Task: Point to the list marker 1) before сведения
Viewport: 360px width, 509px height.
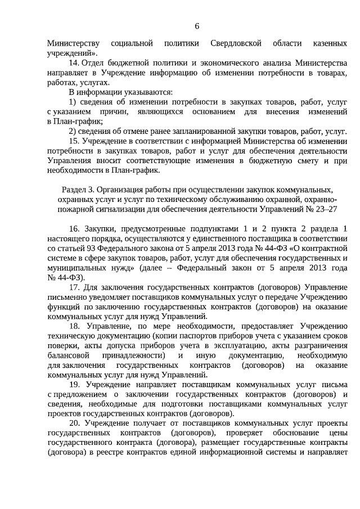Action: (73, 102)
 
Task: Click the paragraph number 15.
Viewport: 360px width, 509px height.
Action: (74, 141)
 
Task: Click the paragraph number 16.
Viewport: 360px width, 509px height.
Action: (74, 228)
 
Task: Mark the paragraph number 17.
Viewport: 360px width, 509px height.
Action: (74, 287)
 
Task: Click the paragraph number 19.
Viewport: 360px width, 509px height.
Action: (74, 384)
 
